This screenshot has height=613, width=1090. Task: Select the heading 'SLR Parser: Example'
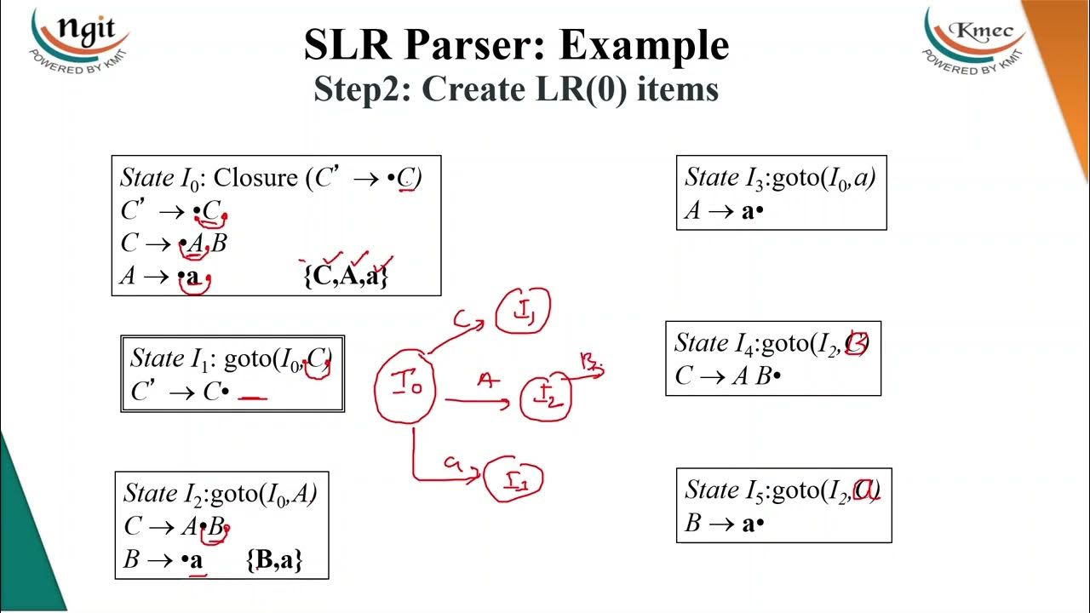click(x=516, y=46)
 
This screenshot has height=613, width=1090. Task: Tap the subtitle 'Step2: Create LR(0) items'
click(x=516, y=89)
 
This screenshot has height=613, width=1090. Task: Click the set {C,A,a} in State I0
click(x=346, y=276)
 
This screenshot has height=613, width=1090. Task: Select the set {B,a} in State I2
click(x=275, y=559)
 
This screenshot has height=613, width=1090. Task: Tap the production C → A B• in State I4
click(x=728, y=375)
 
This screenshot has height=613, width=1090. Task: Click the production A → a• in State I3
click(x=725, y=211)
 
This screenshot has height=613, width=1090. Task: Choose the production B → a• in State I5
click(x=725, y=524)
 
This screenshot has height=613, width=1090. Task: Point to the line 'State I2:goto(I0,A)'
click(x=221, y=493)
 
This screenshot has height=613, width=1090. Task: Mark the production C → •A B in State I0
click(x=175, y=243)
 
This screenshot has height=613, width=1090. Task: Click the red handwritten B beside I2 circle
click(x=590, y=364)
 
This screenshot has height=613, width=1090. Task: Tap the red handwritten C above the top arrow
click(x=462, y=320)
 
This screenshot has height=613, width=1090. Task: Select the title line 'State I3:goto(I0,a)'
click(x=780, y=177)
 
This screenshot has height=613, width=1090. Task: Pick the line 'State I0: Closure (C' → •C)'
click(x=271, y=178)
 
